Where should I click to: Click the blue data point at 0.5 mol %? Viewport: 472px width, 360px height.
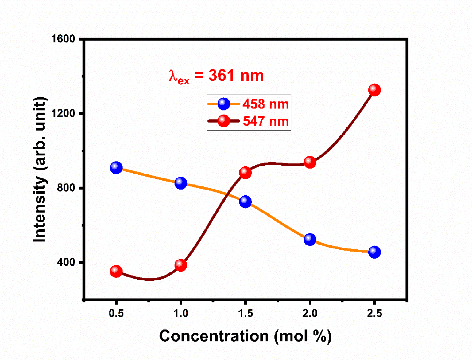click(116, 168)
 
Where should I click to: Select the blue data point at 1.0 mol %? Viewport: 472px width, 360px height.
click(181, 183)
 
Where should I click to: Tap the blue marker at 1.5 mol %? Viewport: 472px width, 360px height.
click(245, 202)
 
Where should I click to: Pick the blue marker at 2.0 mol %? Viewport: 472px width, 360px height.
click(310, 239)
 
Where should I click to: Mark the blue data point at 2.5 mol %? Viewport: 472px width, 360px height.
click(374, 252)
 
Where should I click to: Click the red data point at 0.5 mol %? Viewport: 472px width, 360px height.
click(116, 271)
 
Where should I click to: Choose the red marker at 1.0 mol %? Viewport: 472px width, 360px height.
click(181, 265)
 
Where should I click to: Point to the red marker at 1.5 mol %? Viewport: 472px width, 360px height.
click(245, 173)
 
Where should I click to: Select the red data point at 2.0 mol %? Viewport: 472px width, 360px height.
click(310, 162)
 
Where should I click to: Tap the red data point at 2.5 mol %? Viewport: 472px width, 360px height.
click(374, 90)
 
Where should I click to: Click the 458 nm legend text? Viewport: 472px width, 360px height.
click(265, 104)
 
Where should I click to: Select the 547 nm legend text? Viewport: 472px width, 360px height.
click(265, 121)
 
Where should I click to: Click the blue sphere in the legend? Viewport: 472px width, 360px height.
click(224, 104)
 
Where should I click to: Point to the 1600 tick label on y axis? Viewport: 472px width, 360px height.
click(63, 39)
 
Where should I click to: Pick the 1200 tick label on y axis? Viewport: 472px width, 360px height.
click(63, 113)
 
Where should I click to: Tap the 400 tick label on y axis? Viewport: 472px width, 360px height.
click(66, 262)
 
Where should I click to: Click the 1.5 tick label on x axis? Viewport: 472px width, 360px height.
click(245, 313)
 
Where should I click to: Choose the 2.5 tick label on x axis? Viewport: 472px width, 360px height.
click(374, 313)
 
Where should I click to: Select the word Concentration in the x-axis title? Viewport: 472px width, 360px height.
click(214, 336)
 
